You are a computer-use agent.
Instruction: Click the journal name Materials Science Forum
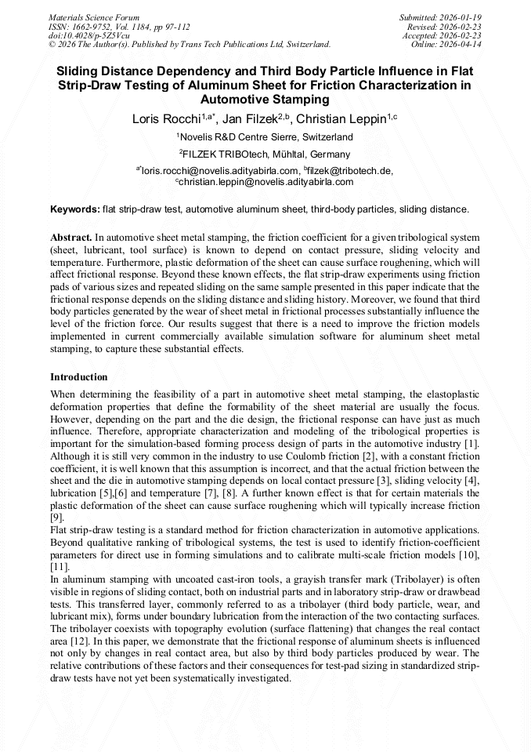point(94,16)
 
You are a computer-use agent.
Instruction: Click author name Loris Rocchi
point(167,119)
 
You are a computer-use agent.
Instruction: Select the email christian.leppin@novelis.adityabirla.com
point(266,181)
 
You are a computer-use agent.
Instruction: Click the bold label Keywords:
point(75,209)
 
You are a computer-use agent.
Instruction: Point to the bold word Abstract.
point(70,237)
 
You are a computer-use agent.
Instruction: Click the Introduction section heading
point(78,377)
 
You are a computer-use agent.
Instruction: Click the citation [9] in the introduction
point(56,518)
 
